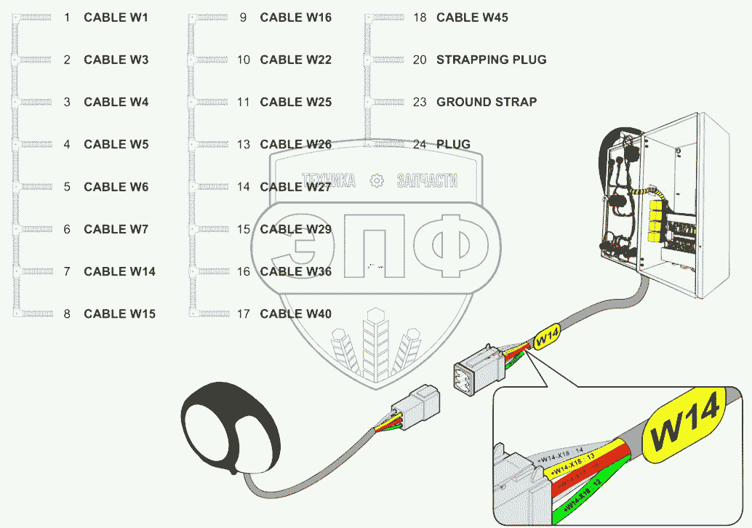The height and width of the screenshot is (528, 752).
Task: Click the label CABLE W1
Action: click(x=116, y=17)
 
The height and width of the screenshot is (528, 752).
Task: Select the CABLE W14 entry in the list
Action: click(x=119, y=271)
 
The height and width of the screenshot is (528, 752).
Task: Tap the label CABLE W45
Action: click(x=472, y=17)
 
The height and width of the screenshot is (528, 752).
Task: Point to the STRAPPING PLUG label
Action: click(x=491, y=60)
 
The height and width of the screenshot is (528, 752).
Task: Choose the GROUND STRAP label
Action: click(x=486, y=102)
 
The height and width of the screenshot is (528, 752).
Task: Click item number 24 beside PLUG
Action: click(x=420, y=144)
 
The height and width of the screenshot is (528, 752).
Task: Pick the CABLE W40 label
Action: click(x=295, y=313)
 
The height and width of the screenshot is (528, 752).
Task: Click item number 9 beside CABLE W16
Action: click(x=243, y=17)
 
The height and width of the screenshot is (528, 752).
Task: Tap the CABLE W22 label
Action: click(x=295, y=60)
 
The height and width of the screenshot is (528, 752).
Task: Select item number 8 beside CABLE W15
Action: click(x=67, y=313)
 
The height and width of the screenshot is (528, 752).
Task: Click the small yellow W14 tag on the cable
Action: click(x=546, y=336)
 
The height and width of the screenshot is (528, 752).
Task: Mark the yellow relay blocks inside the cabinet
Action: click(x=655, y=218)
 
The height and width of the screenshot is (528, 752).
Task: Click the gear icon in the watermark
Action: click(x=376, y=180)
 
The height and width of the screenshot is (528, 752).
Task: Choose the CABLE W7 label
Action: click(x=116, y=229)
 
